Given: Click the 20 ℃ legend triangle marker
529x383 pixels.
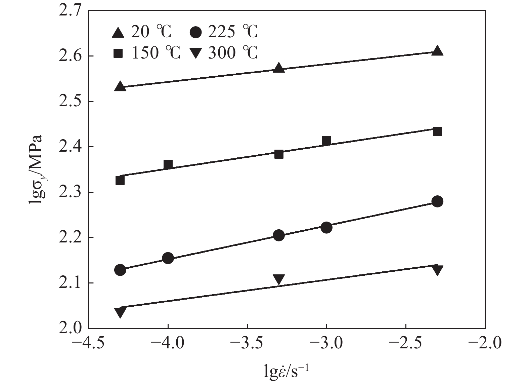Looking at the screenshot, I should click(118, 33).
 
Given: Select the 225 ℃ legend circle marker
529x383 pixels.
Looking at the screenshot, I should click(195, 33).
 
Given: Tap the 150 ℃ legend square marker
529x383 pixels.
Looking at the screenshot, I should click(118, 53).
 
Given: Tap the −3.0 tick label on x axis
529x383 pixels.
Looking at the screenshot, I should click(326, 344).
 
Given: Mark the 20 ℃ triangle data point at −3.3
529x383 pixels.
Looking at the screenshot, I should click(279, 68).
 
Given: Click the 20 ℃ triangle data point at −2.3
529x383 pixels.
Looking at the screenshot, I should click(437, 50).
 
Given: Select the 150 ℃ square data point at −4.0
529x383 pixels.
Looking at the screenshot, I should click(168, 164).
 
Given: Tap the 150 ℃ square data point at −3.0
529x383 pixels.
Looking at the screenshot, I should click(326, 140).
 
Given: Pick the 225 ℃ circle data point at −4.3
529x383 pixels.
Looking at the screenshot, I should click(120, 270).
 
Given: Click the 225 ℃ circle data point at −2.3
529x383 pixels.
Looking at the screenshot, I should click(437, 201).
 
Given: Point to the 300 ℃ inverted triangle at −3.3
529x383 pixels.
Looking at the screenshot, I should click(279, 279).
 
